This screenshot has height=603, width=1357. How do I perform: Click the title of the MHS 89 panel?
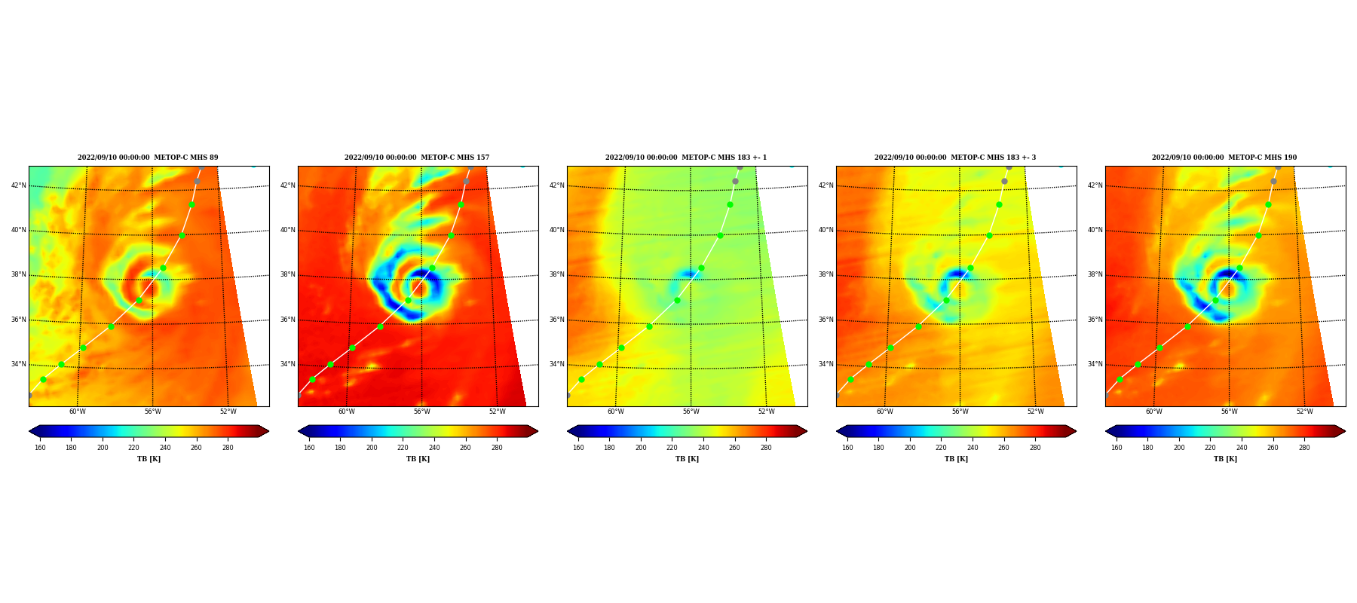coord(148,158)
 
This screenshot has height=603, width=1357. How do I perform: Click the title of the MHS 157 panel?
coord(417,158)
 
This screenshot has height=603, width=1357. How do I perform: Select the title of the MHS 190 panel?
coord(1224,158)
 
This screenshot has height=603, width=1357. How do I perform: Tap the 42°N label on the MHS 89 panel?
coord(19,185)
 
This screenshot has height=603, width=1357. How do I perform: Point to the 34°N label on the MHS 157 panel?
coord(288,365)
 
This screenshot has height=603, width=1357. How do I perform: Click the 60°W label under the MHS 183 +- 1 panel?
coord(616,412)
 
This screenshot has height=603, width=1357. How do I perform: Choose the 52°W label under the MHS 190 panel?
coord(1305,412)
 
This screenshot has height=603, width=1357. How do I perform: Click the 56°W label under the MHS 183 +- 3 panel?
coord(960,412)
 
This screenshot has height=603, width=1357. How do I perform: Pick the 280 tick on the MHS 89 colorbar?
coord(228,448)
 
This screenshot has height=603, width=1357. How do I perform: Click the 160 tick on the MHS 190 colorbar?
coord(1117,448)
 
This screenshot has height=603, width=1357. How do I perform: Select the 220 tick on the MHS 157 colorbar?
coord(403,448)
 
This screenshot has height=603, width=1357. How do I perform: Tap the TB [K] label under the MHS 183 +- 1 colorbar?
coord(687,459)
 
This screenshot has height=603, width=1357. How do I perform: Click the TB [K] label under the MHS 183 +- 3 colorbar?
coord(956,459)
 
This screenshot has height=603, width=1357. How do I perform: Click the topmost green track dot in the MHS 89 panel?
coord(191,204)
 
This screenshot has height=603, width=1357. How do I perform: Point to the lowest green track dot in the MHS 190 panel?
coord(1120,379)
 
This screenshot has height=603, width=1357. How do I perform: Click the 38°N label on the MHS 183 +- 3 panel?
coord(826,275)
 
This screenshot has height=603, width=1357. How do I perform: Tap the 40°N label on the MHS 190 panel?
coord(1095,231)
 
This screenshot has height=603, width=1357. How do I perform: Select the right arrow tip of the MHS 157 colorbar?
coord(538,431)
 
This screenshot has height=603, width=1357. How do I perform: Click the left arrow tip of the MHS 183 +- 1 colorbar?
coord(567,431)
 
